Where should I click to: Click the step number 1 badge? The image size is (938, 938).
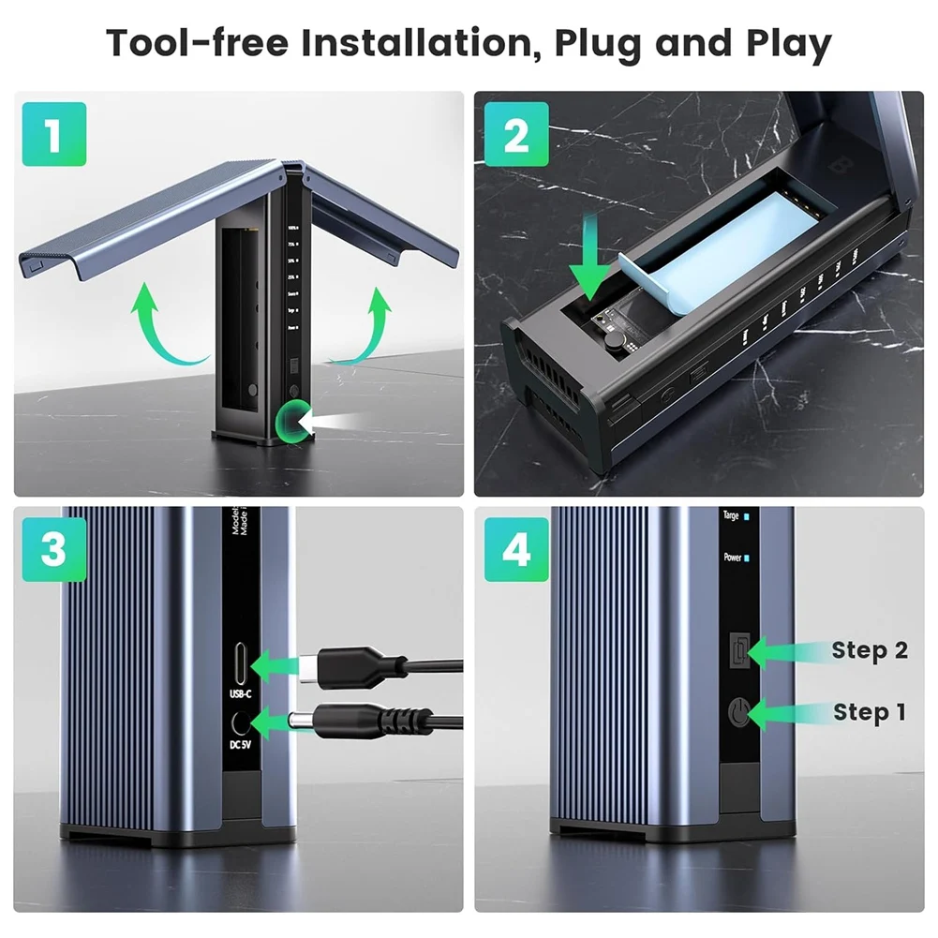point(53,134)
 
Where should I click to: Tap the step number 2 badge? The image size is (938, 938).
point(516,134)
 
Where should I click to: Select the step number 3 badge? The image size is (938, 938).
point(53,550)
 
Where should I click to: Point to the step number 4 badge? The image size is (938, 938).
point(516,550)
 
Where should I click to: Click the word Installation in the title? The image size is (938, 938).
point(409,43)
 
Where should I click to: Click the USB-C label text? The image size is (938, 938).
point(241,694)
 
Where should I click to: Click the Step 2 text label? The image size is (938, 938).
point(869,650)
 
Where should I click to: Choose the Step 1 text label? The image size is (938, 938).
point(869,712)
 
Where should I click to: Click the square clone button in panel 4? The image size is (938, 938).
point(740,648)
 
